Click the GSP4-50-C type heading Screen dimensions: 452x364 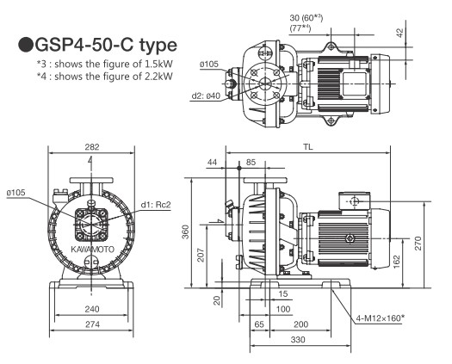coord(97,45)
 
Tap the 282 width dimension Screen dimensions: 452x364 coord(92,147)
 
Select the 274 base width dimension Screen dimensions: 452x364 coord(92,324)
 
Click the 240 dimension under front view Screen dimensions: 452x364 coord(92,309)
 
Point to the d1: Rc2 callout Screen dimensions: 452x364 coord(156,205)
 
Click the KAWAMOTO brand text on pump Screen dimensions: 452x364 coord(92,250)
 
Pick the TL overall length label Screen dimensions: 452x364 coord(307,147)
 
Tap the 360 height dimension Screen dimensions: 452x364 coord(186,232)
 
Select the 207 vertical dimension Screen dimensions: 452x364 coord(201,255)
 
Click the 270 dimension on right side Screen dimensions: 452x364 coord(418,244)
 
